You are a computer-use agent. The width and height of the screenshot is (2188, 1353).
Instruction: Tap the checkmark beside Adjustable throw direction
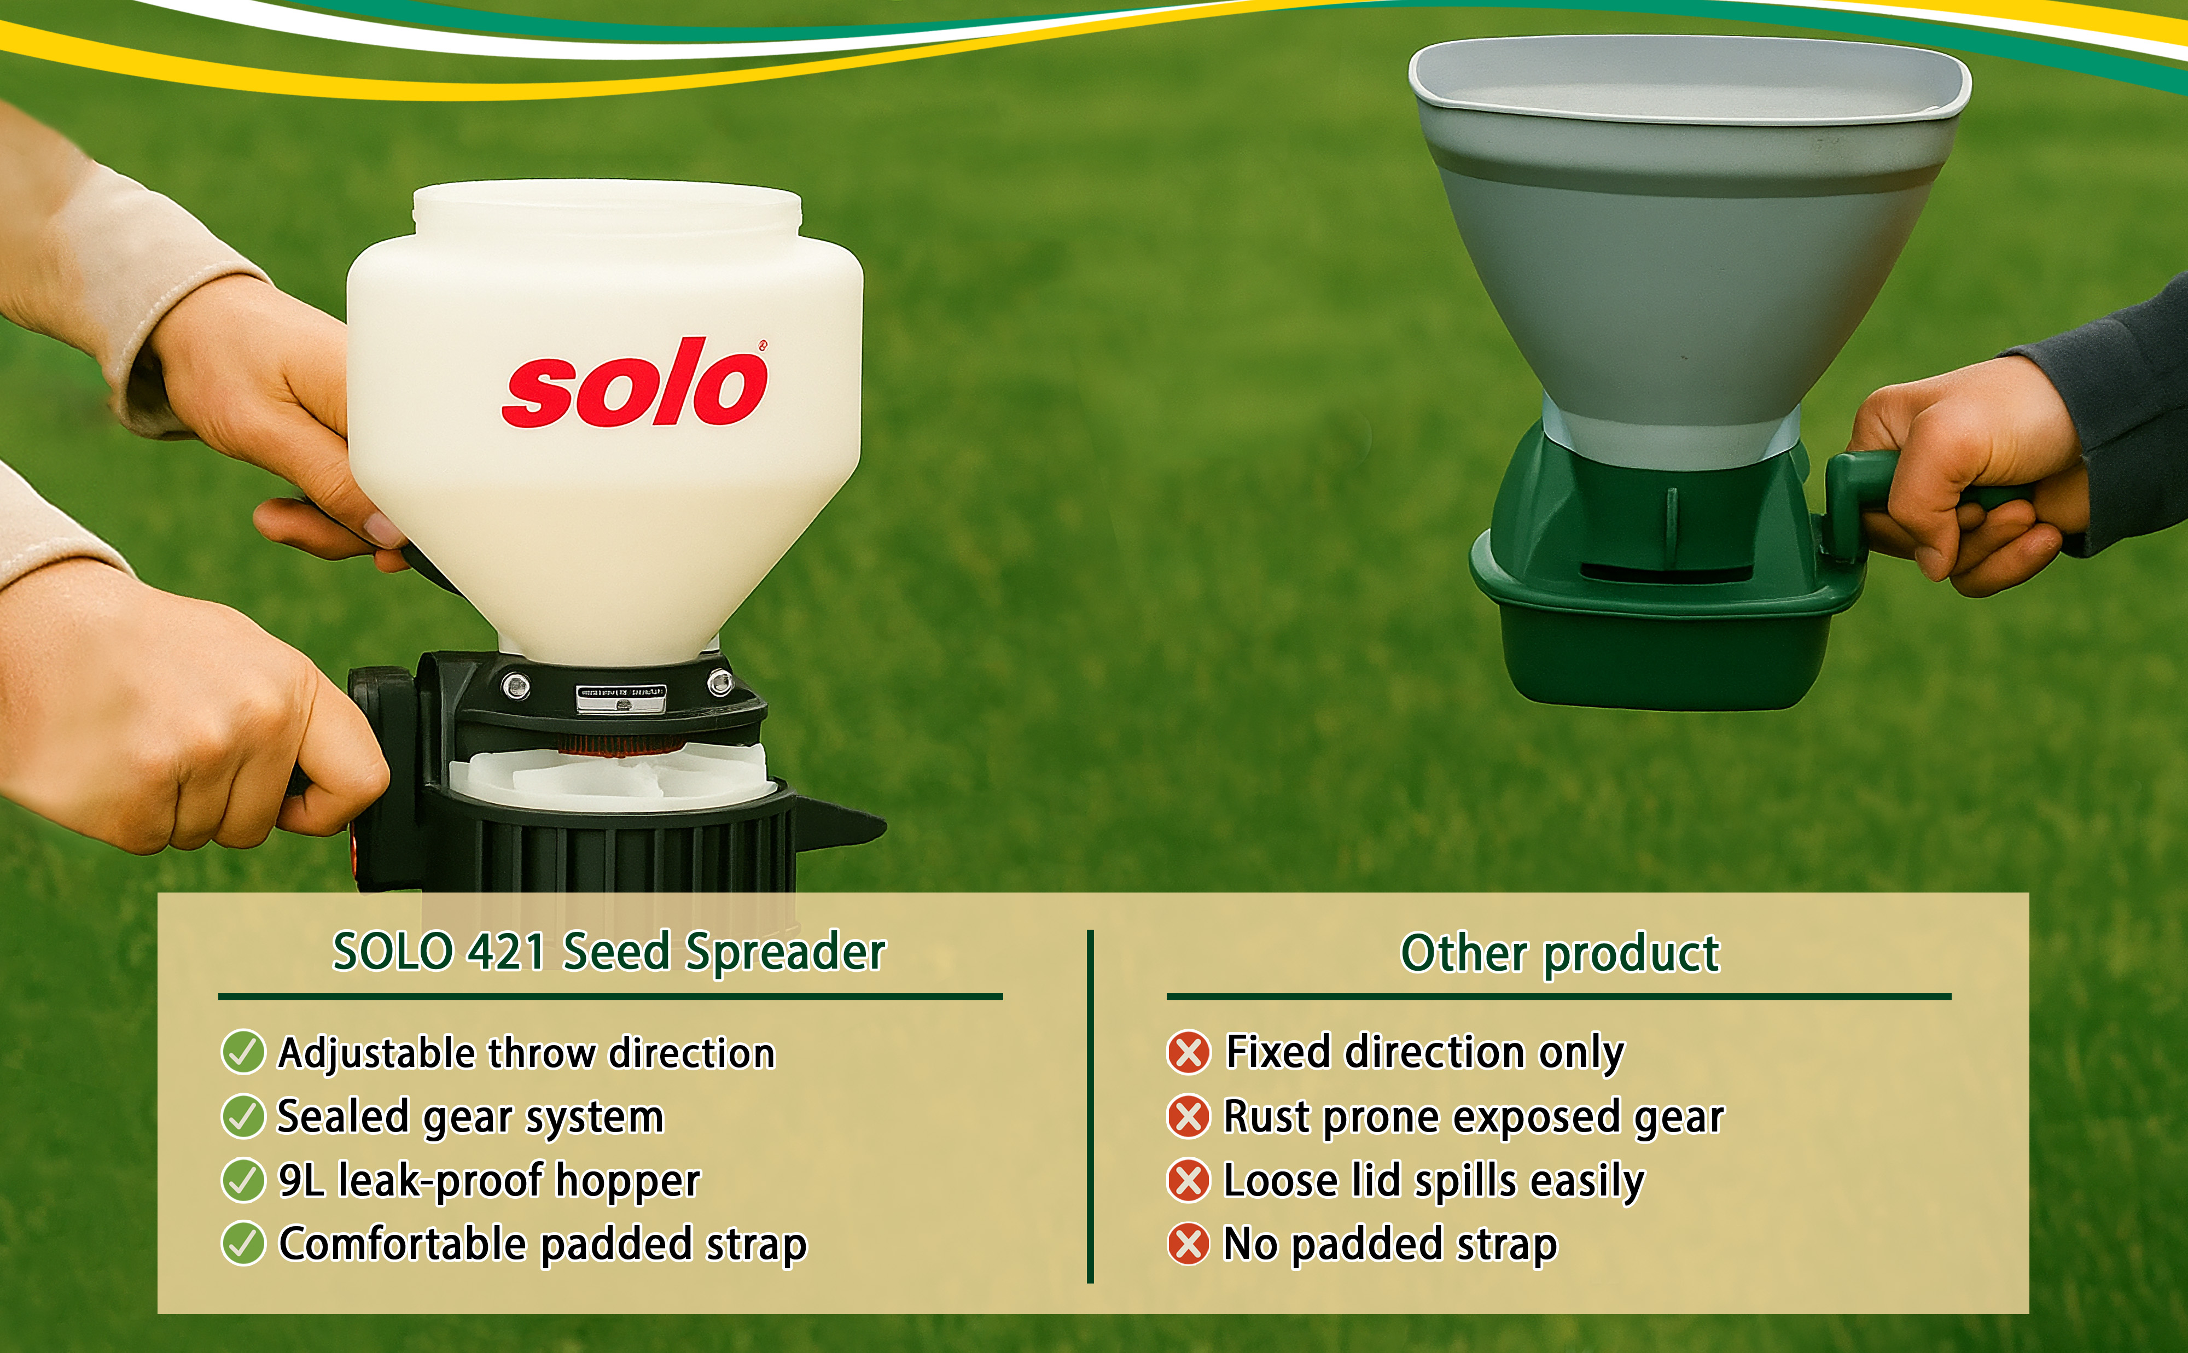[x=242, y=1052]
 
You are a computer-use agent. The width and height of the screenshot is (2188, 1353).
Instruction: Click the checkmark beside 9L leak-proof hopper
[x=242, y=1180]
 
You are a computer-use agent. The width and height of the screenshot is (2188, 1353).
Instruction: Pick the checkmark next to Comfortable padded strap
[x=242, y=1243]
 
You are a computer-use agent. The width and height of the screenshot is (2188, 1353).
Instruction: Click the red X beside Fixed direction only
[x=1189, y=1052]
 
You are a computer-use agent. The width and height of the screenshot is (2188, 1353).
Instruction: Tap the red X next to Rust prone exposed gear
[x=1189, y=1116]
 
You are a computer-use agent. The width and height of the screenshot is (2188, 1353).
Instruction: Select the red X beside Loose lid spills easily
[x=1189, y=1180]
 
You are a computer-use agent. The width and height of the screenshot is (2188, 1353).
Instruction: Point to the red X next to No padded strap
[x=1189, y=1243]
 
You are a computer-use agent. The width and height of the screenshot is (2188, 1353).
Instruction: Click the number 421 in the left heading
[x=507, y=951]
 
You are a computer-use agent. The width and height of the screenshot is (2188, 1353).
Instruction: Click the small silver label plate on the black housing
[x=621, y=698]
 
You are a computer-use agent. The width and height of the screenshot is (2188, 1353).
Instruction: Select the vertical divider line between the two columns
[x=1090, y=1106]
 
